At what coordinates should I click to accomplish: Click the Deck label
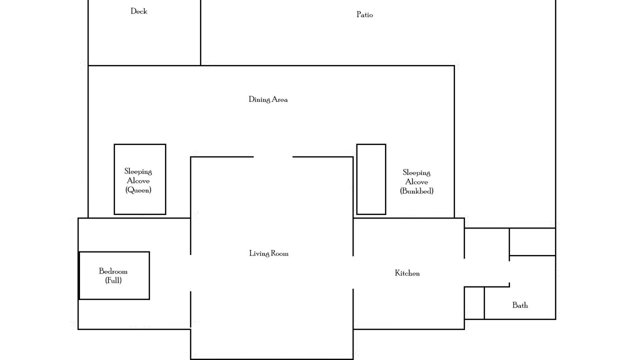[139, 11]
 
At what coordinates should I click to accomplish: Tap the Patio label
[364, 14]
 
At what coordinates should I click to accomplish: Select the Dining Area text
[268, 99]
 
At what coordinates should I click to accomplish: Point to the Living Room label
[268, 253]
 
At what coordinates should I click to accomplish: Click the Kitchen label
[407, 273]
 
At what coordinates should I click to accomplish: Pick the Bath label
[520, 305]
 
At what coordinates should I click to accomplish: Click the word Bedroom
[113, 271]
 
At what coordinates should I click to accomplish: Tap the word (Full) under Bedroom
[113, 280]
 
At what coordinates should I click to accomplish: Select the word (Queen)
[138, 190]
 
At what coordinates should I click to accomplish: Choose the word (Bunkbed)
[416, 191]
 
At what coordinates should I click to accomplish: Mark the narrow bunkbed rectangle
[356, 179]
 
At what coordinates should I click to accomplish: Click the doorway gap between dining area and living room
[273, 156]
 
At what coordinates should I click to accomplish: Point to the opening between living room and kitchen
[353, 272]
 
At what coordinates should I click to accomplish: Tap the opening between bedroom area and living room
[190, 273]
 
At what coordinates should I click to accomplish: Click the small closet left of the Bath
[474, 303]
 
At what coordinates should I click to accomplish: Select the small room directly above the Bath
[532, 241]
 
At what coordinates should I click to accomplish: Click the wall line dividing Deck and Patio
[200, 32]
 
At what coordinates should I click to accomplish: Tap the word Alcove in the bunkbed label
[416, 181]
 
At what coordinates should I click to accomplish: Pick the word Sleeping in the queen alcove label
[138, 171]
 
